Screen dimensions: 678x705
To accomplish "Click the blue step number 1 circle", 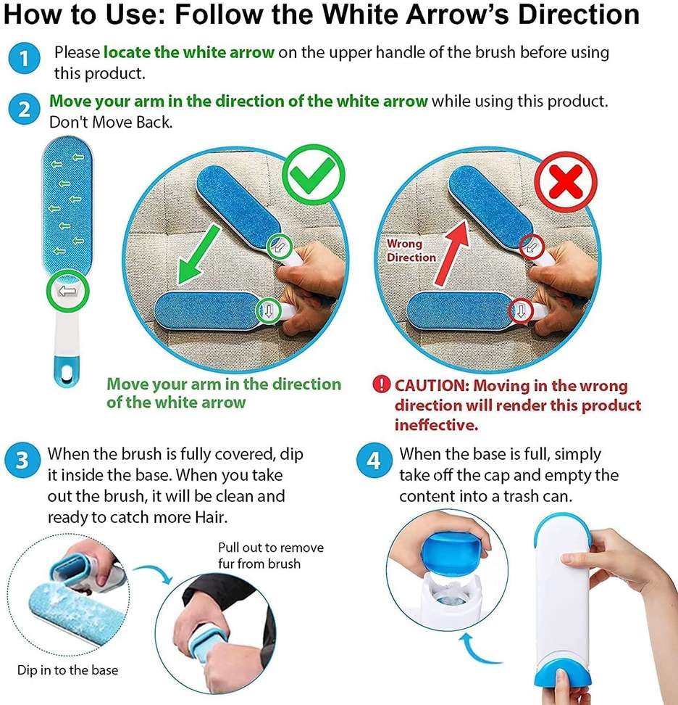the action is (x=24, y=58).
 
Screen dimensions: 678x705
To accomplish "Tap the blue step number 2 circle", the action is (x=24, y=110).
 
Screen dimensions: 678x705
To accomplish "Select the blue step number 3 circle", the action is (x=22, y=461).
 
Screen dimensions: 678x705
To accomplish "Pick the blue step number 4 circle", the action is (x=374, y=461).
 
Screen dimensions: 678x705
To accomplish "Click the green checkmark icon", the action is (x=314, y=175).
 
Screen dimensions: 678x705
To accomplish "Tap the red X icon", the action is (x=566, y=181).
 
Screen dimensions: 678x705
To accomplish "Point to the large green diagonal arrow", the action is (x=198, y=255).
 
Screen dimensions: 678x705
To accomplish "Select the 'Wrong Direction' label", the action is (x=411, y=250).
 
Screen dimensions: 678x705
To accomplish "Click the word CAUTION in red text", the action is (x=432, y=386).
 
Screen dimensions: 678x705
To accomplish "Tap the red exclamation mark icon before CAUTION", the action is (x=381, y=385).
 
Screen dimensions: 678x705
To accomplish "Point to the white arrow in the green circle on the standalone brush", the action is (x=67, y=291).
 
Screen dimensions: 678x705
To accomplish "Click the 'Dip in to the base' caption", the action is (x=68, y=670).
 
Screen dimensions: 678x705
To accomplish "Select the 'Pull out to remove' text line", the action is (x=271, y=548).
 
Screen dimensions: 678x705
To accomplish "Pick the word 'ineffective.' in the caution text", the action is (x=437, y=425).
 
